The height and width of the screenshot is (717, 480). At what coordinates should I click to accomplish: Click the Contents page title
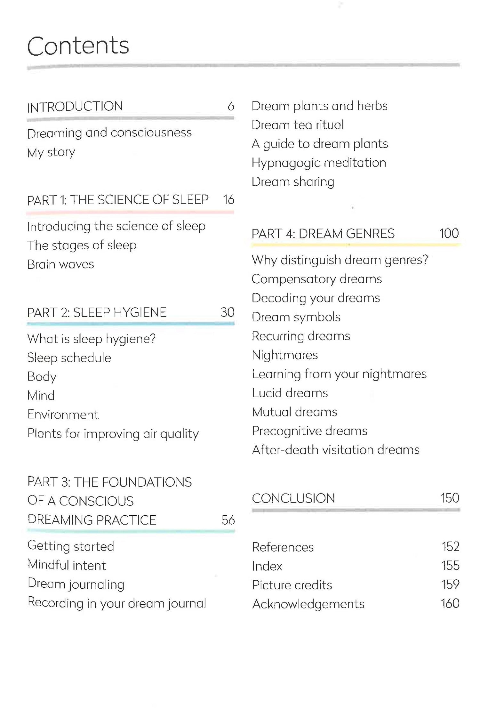click(x=78, y=46)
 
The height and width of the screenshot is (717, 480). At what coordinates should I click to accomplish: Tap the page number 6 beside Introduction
click(x=231, y=106)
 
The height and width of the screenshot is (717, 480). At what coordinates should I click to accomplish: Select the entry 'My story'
click(x=51, y=152)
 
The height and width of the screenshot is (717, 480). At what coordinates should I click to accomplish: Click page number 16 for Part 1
click(x=228, y=199)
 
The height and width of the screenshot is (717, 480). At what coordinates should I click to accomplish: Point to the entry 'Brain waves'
click(x=60, y=264)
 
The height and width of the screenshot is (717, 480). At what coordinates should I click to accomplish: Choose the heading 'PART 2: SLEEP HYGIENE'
click(x=97, y=312)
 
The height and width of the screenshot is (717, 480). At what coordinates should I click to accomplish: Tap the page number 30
click(x=228, y=312)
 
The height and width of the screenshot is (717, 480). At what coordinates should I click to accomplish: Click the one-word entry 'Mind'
click(x=41, y=396)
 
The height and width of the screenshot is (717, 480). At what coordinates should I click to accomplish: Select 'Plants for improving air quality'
click(x=113, y=434)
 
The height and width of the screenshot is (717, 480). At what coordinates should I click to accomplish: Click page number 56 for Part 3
click(x=228, y=520)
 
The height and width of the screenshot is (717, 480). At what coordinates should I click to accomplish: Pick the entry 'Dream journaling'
click(x=76, y=584)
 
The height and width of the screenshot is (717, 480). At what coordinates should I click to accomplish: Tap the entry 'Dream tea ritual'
click(x=298, y=125)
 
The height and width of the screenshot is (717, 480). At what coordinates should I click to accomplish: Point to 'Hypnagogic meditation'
click(x=319, y=163)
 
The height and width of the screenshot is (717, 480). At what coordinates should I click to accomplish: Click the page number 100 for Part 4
click(x=449, y=233)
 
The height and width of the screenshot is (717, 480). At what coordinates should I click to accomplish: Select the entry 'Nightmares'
click(x=285, y=355)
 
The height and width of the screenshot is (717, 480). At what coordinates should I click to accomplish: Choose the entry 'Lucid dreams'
click(x=290, y=393)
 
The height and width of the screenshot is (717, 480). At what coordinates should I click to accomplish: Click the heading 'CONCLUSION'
click(x=293, y=498)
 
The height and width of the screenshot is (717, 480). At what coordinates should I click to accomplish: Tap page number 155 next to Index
click(x=450, y=566)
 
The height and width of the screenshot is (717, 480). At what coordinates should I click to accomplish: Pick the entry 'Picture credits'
click(x=292, y=585)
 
